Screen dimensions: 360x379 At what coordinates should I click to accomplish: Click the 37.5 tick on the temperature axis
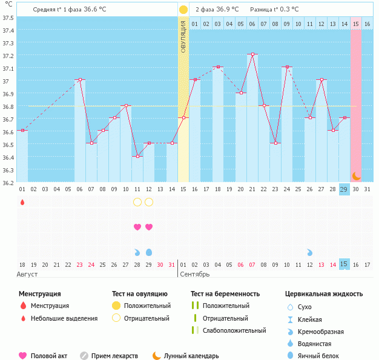click(8, 17)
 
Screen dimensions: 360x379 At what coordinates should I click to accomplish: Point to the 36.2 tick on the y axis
click(8, 182)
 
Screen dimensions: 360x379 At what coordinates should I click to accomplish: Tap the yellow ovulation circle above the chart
click(183, 10)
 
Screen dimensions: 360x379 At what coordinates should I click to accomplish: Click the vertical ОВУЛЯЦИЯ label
click(183, 36)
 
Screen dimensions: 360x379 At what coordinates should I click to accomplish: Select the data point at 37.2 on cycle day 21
click(252, 54)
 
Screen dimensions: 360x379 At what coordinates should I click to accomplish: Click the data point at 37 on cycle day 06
click(80, 80)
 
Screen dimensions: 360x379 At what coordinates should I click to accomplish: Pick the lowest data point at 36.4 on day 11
click(137, 156)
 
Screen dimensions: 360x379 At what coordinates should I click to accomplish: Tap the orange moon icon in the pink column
click(357, 175)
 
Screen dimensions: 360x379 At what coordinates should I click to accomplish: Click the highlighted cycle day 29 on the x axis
click(344, 189)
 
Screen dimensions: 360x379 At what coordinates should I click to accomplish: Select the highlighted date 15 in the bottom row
click(344, 264)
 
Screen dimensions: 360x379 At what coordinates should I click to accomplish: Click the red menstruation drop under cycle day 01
click(22, 202)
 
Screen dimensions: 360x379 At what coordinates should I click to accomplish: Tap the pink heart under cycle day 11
click(137, 227)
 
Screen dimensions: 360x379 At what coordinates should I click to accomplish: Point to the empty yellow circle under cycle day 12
click(149, 202)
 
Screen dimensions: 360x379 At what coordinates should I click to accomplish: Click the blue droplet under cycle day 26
click(310, 252)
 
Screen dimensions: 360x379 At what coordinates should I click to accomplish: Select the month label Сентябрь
click(196, 274)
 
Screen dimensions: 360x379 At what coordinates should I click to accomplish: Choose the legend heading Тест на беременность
click(225, 293)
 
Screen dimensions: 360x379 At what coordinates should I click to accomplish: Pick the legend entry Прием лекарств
click(114, 356)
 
